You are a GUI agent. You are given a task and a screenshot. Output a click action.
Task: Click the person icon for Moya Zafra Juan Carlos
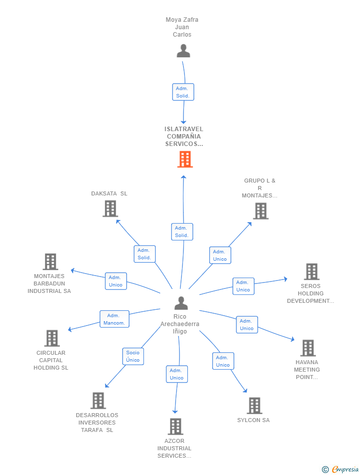tap(183, 50)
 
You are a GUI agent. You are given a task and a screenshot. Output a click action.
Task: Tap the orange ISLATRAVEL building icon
tap(184, 159)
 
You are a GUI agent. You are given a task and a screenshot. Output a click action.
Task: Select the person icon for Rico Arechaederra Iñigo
tap(181, 303)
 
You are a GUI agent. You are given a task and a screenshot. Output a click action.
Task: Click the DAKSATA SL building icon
tap(110, 209)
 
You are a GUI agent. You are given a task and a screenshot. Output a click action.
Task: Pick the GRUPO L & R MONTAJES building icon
tap(261, 211)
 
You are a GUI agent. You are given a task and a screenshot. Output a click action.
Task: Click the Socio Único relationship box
tap(133, 356)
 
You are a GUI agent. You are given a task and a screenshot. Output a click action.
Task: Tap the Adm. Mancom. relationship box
tap(114, 319)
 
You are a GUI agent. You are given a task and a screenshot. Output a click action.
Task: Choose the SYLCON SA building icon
tap(254, 406)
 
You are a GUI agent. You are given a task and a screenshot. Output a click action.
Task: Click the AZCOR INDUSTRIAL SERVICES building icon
tap(176, 426)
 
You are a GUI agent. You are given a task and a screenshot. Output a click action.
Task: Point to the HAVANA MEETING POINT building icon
tap(308, 348)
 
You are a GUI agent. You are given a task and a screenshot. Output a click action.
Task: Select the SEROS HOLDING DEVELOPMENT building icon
tap(312, 272)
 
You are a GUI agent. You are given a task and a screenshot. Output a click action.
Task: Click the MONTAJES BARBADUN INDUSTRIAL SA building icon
tap(50, 262)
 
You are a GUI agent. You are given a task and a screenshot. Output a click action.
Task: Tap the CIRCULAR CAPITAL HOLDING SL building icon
tap(52, 338)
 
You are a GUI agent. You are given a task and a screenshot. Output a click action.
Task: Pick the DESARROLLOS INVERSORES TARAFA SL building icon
tap(98, 400)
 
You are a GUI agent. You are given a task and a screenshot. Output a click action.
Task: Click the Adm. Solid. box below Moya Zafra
tap(183, 92)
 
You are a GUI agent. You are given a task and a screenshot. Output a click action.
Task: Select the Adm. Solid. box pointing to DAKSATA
tap(144, 254)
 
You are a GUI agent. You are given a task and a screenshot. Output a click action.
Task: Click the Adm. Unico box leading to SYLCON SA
tap(223, 361)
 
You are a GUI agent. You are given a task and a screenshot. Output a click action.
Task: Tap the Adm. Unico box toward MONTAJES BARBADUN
tap(116, 281)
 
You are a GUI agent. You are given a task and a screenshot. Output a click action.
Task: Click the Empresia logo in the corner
tap(340, 469)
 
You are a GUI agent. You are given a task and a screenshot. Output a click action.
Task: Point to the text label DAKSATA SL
tap(109, 193)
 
